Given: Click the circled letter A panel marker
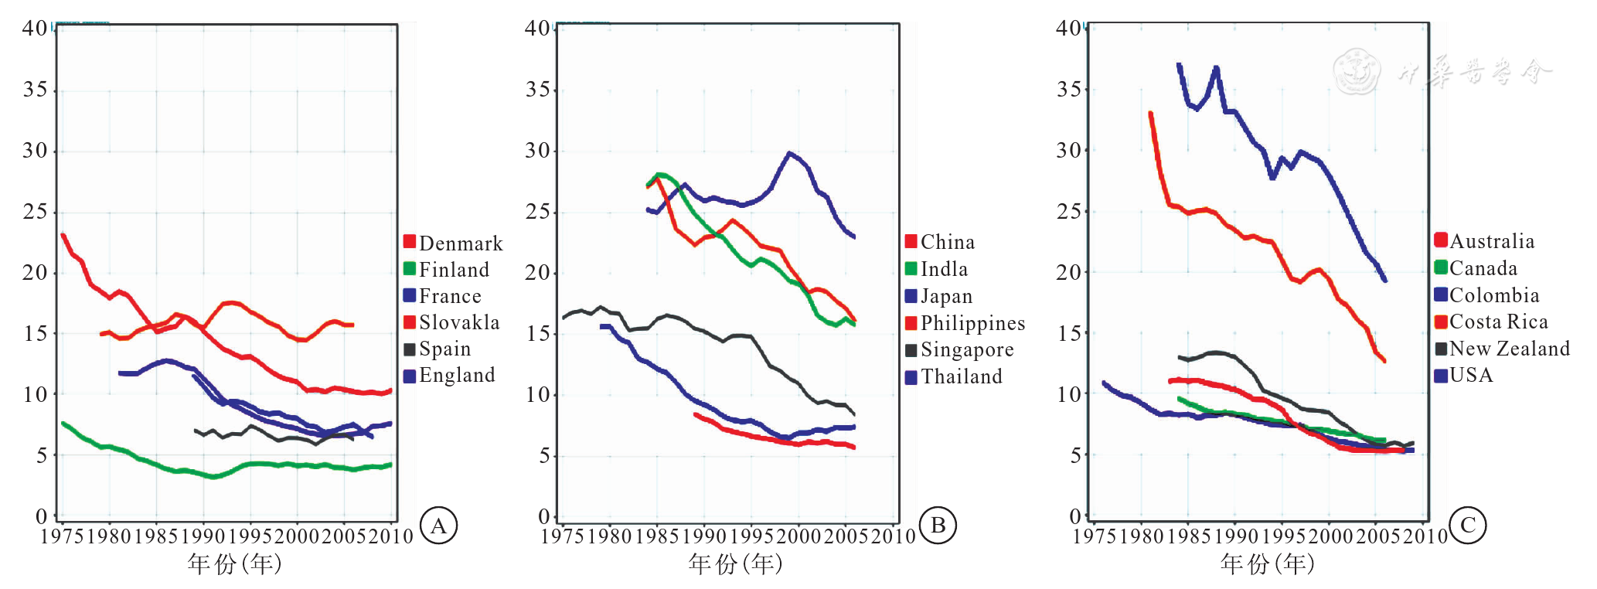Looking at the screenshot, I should (439, 526).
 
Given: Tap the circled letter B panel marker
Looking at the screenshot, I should (938, 526).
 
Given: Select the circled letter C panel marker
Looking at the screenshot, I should (1468, 526).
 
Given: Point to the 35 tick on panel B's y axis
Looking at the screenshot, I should (538, 90).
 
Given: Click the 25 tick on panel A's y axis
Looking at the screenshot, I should (35, 212).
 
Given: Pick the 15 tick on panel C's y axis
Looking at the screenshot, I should (1069, 333).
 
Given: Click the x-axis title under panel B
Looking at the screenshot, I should (735, 564).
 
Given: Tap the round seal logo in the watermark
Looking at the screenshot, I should (1357, 71).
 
